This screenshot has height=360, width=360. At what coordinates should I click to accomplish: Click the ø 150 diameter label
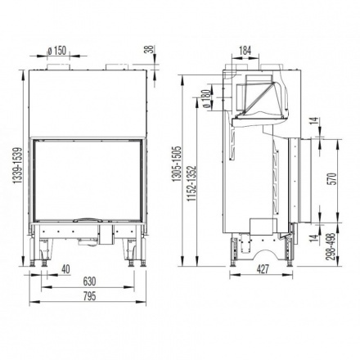56,52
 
